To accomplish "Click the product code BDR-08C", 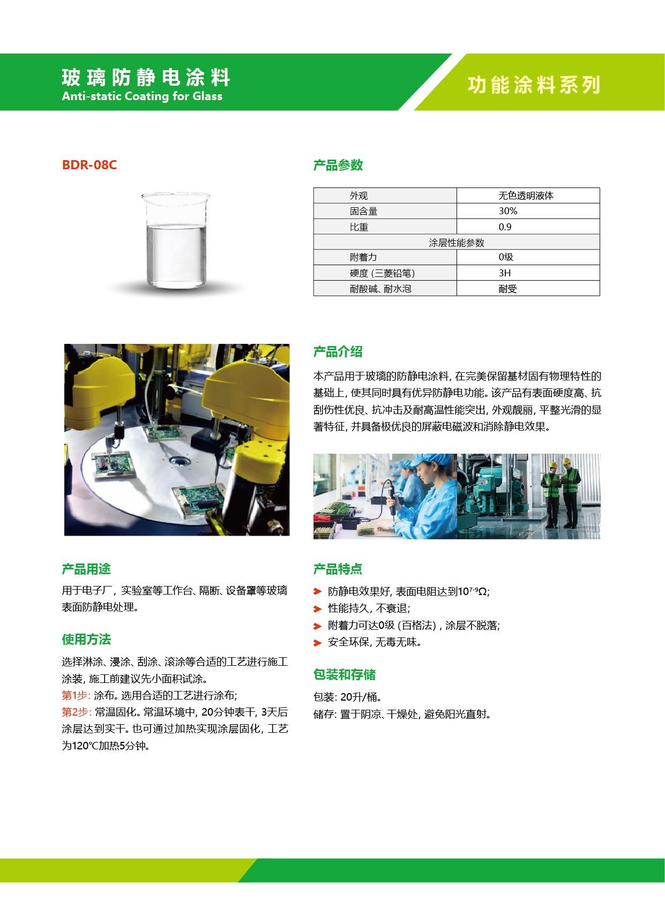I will pos(89,165).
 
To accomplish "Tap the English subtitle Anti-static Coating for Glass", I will pos(142,96).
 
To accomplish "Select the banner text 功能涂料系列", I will pos(534,85).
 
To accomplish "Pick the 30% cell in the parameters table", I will pos(507,211).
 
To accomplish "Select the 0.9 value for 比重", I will pos(505,227).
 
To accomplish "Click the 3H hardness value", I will pos(505,273).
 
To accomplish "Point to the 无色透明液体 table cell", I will pos(526,196).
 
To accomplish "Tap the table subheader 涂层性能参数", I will pos(456,243).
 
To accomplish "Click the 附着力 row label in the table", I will pos(363,258).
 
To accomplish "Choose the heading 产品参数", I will pos(338,166).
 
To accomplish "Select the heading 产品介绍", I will pos(338,352).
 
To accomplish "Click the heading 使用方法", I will pos(86,640).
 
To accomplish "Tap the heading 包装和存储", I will pos(345,675).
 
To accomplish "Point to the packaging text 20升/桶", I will pos(361,697).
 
